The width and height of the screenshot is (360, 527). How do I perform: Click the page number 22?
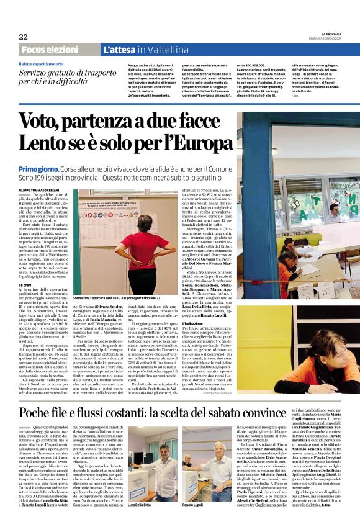coord(22,37)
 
